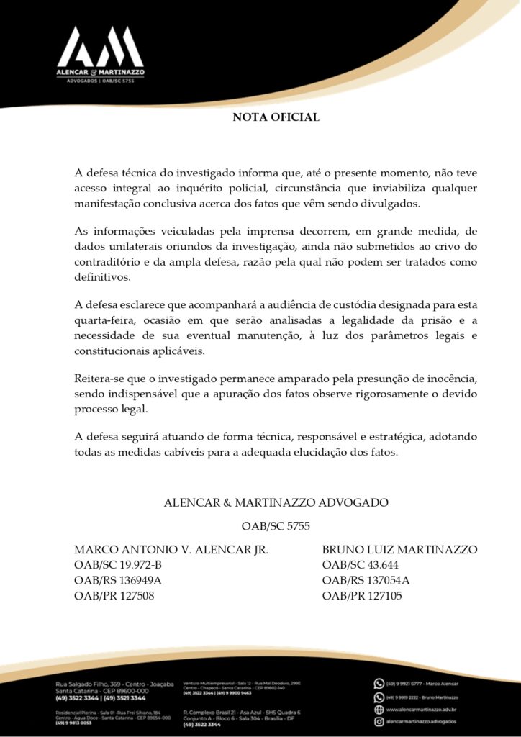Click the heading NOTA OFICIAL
click(x=276, y=117)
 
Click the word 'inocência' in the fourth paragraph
click(x=450, y=379)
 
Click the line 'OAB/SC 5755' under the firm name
click(x=276, y=526)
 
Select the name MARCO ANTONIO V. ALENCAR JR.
click(x=171, y=549)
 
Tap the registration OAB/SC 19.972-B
click(x=118, y=564)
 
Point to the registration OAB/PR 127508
click(x=114, y=596)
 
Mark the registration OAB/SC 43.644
click(x=360, y=564)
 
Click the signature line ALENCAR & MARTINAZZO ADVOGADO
click(x=276, y=502)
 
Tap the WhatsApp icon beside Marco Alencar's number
click(x=379, y=684)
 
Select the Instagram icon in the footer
click(x=379, y=721)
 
